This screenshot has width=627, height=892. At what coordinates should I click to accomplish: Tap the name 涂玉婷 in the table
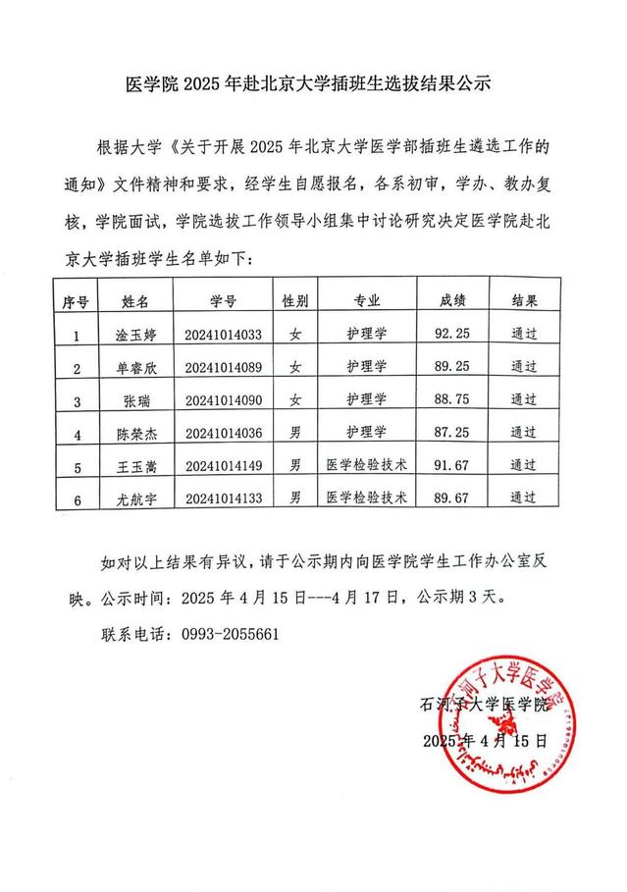(130, 335)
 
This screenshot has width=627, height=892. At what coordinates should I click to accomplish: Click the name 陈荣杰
(130, 432)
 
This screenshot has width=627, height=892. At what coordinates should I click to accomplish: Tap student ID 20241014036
(223, 432)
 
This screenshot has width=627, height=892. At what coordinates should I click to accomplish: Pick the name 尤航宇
(130, 498)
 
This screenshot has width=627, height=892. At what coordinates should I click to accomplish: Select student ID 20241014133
(223, 498)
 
